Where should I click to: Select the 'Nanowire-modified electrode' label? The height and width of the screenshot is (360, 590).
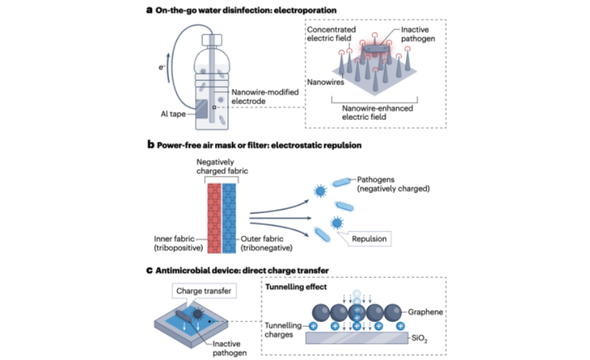coord(259,94)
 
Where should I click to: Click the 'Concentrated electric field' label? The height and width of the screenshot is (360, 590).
coord(330,35)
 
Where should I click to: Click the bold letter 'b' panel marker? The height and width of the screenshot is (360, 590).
coord(150,146)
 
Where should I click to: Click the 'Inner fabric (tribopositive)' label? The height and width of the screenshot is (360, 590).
coord(174,243)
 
